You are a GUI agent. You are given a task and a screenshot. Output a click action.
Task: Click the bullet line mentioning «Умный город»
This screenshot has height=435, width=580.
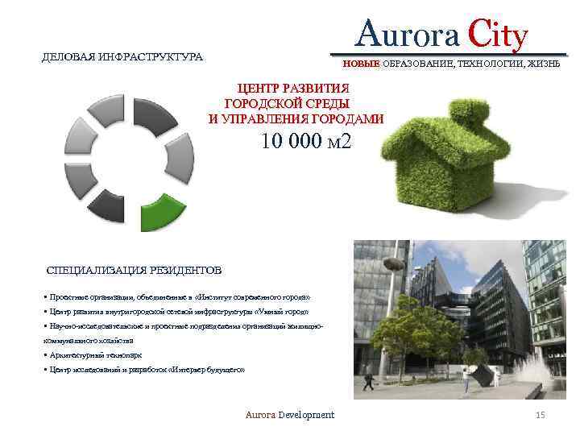click(x=176, y=311)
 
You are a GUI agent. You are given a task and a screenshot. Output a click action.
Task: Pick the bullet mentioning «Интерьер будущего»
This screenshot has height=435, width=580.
click(x=144, y=369)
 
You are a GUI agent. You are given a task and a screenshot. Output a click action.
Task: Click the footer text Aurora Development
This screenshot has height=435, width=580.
click(x=290, y=415)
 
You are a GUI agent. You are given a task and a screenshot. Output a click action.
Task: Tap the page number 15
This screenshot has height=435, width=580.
click(x=541, y=415)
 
